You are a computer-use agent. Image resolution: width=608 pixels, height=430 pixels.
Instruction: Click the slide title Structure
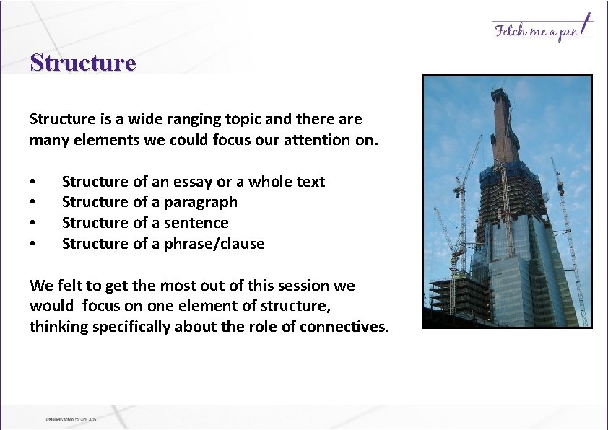pyautogui.click(x=83, y=63)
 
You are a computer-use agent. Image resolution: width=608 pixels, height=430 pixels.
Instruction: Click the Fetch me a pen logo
pyautogui.click(x=542, y=29)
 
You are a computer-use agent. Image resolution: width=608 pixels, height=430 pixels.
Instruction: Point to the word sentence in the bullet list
pyautogui.click(x=195, y=223)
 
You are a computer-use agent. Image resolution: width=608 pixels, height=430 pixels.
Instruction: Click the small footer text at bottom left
pyautogui.click(x=71, y=418)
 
